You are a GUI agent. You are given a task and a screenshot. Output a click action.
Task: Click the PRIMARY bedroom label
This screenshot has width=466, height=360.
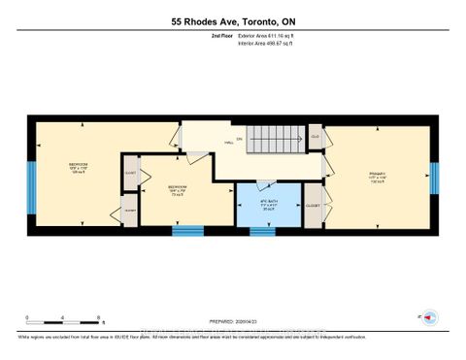click(x=378, y=177)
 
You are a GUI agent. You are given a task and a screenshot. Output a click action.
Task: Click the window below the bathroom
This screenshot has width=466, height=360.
click(x=263, y=231)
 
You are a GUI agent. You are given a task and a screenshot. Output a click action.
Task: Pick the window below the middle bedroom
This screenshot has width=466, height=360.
click(x=187, y=231)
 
